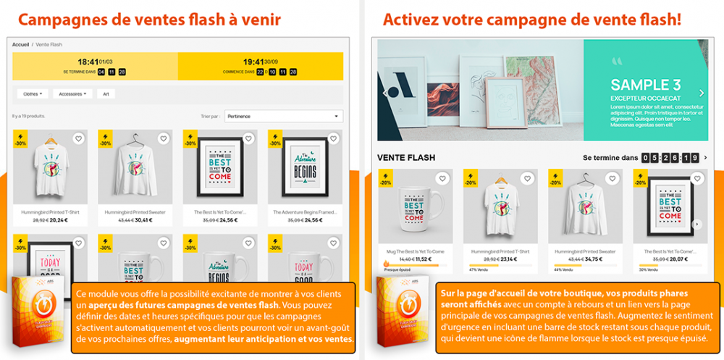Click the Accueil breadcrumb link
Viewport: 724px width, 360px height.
(21, 44)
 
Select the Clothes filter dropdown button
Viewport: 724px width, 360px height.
(33, 93)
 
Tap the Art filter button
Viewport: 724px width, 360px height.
(106, 93)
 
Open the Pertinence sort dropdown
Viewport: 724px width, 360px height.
(283, 116)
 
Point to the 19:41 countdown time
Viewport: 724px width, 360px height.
(253, 62)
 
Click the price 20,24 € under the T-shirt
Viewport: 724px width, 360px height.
(59, 219)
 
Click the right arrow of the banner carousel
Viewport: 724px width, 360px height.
(701, 93)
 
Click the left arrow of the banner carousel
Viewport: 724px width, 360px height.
(385, 93)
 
